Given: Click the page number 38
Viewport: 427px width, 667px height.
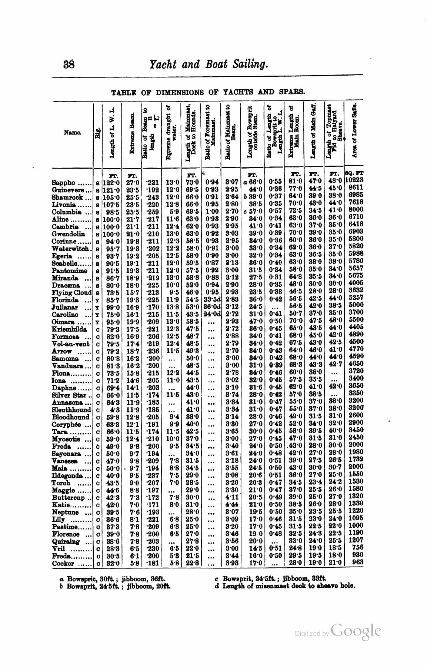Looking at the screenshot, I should [69, 65].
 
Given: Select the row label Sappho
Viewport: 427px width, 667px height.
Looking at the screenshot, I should [64, 183].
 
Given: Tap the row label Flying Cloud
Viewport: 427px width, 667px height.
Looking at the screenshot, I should [71, 293].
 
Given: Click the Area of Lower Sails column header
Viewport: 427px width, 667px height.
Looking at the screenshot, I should [354, 130].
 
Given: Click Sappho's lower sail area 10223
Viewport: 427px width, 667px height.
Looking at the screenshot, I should [354, 180].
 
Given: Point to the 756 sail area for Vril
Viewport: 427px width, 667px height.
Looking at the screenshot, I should [357, 547].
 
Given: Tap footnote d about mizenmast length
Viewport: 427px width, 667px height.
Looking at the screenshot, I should [285, 586].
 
